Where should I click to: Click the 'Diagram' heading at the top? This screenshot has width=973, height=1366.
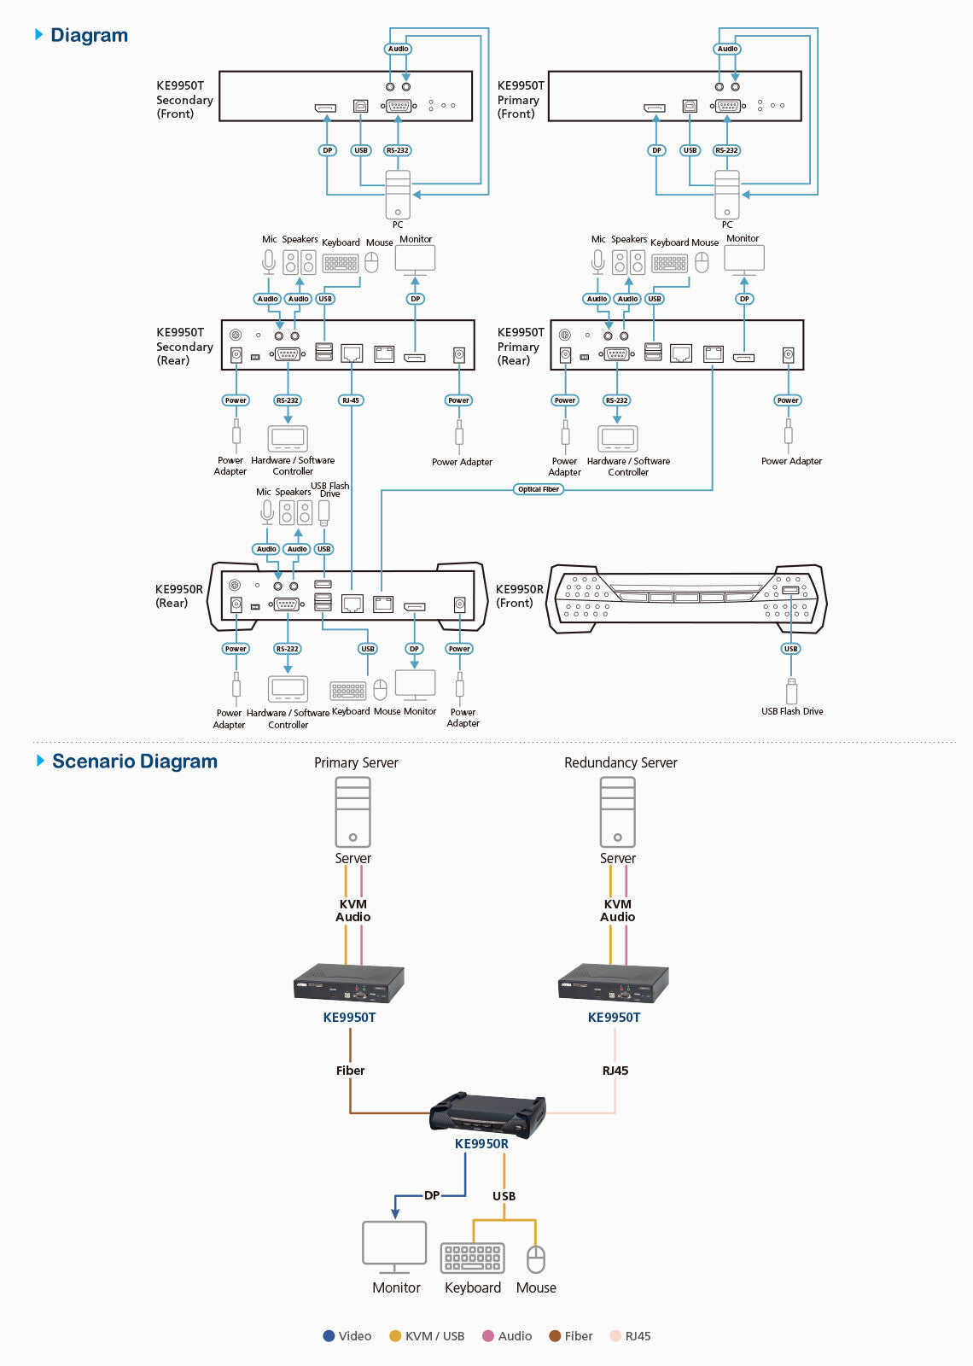tap(89, 35)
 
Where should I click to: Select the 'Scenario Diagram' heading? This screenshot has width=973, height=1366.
tap(134, 762)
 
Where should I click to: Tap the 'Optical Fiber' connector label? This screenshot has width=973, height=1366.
tap(539, 489)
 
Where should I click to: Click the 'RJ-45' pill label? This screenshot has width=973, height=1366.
tap(351, 400)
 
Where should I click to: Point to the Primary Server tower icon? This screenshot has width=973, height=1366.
tap(352, 812)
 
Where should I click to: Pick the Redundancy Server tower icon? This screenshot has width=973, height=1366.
tap(617, 812)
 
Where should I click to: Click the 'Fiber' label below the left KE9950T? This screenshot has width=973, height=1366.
tap(350, 1071)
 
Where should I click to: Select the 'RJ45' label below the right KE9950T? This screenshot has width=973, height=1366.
tap(615, 1071)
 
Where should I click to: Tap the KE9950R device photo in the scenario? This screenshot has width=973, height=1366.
tap(487, 1113)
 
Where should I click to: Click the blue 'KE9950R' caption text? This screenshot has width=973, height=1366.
tap(481, 1144)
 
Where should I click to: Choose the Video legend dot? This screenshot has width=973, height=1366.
tap(329, 1336)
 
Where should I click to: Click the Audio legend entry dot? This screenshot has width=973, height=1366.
tap(488, 1336)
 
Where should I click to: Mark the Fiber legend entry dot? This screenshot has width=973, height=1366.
tap(555, 1336)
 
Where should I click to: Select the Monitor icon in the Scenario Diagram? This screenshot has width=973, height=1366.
tap(394, 1247)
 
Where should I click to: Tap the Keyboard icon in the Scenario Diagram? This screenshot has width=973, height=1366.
tap(472, 1258)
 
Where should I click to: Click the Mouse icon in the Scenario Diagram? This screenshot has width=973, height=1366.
tap(536, 1259)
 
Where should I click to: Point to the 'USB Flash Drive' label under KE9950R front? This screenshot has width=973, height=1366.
tap(792, 711)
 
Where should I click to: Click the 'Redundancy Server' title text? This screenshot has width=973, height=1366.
tap(621, 762)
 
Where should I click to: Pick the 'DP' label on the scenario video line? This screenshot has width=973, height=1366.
tap(432, 1195)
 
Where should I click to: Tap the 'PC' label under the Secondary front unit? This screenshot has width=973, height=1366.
tap(398, 225)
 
